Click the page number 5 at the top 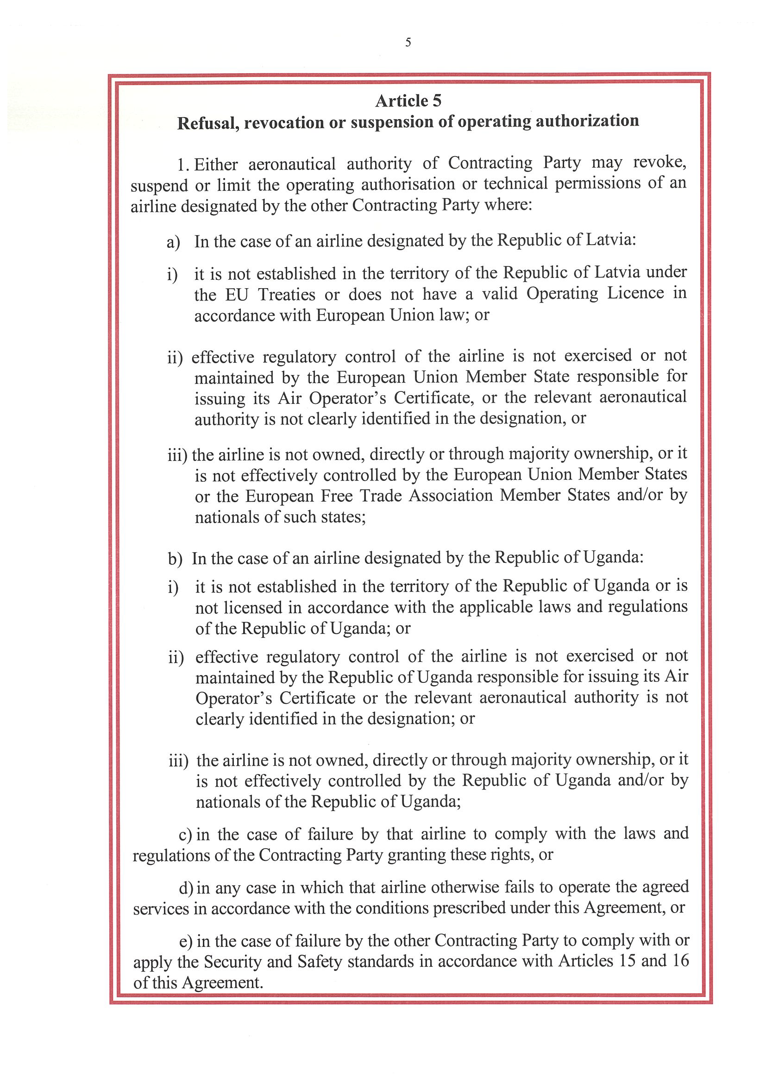(408, 43)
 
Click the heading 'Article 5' (408, 101)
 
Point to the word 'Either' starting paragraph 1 (216, 164)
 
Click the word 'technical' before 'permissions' (515, 183)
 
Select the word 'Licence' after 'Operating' (635, 293)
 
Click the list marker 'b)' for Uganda (175, 559)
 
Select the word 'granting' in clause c (416, 855)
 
